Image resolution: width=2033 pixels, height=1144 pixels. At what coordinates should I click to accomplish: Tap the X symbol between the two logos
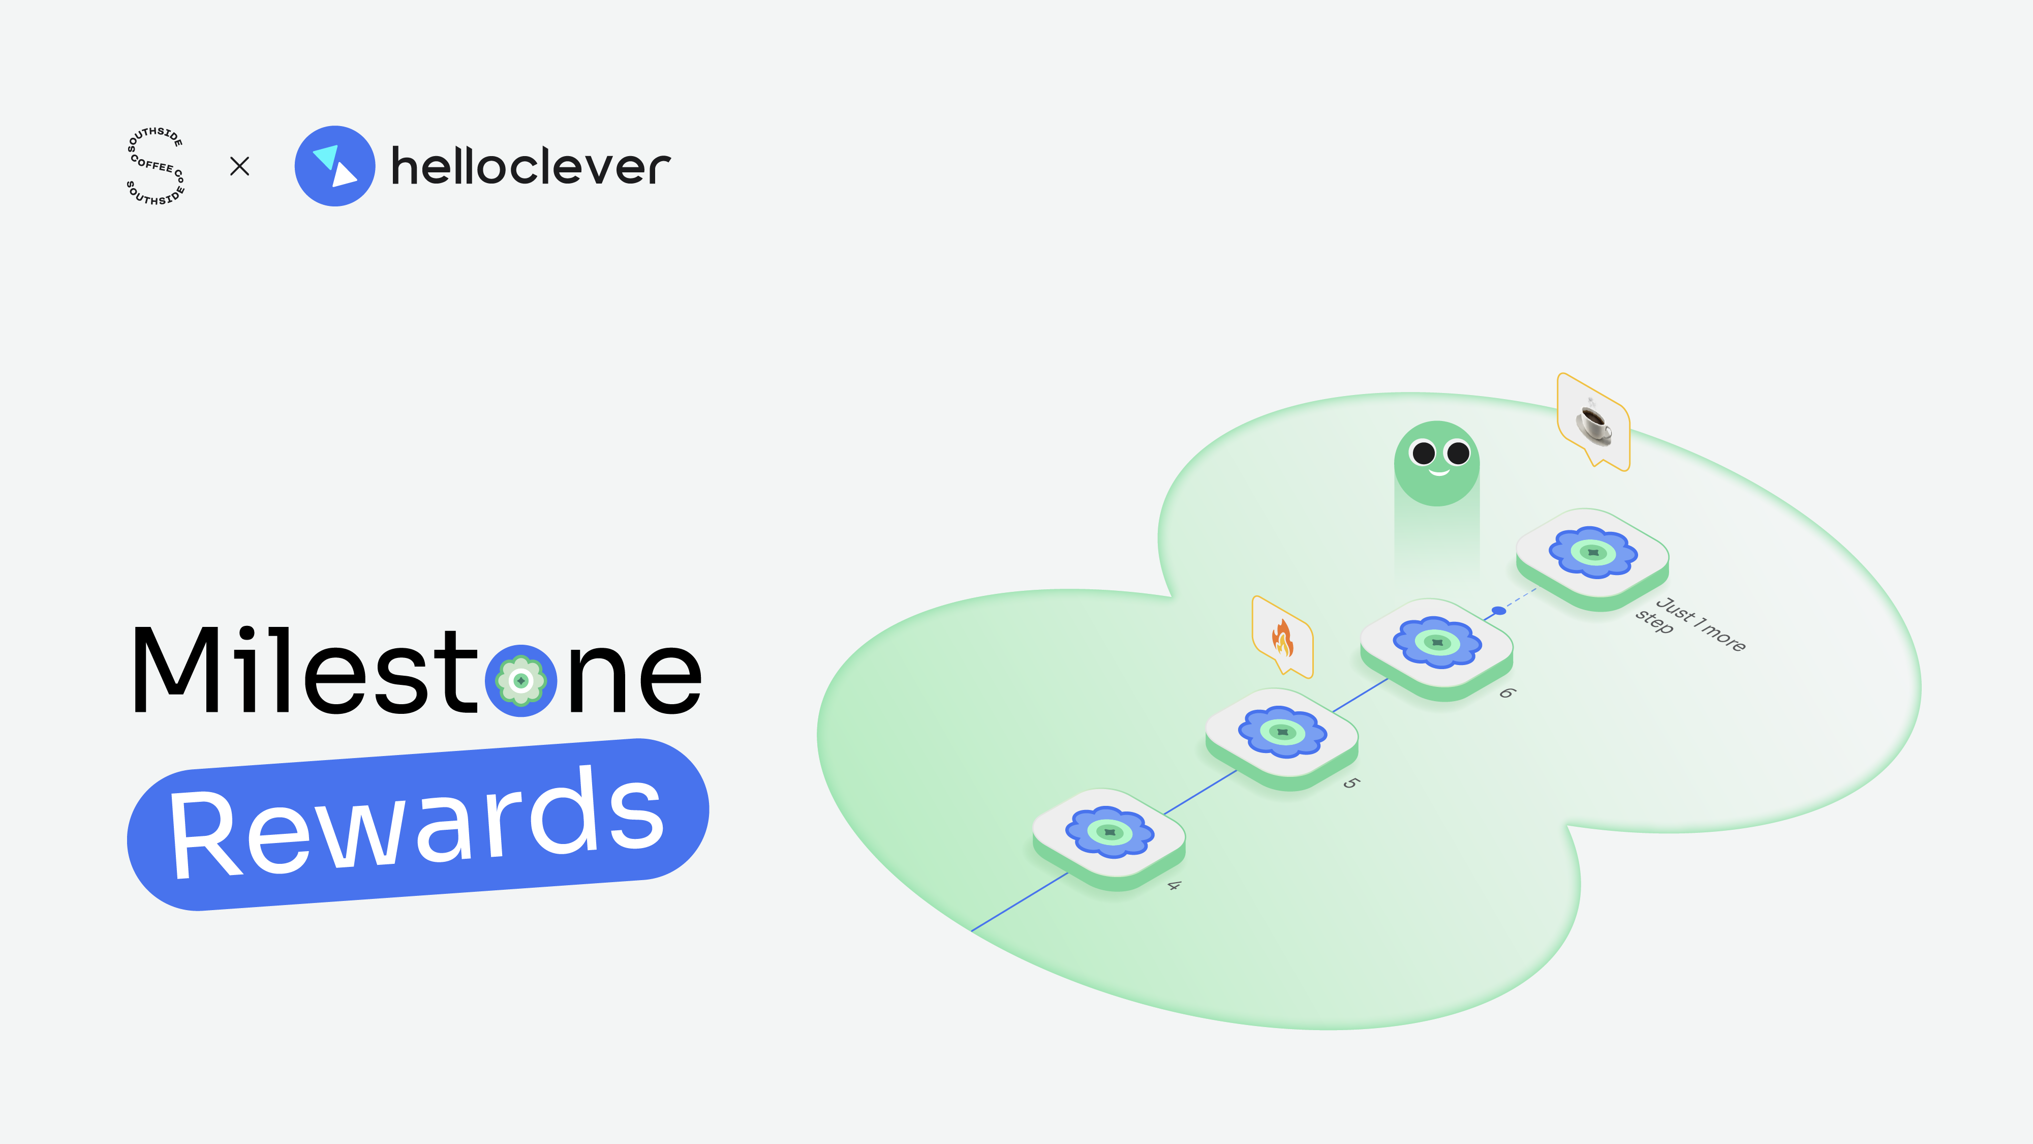pos(239,166)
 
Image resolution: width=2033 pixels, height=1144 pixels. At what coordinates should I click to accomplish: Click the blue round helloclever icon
pos(334,166)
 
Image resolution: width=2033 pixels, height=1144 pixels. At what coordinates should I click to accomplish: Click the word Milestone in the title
pos(417,671)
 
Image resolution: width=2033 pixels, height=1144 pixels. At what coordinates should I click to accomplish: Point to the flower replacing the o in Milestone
pos(521,681)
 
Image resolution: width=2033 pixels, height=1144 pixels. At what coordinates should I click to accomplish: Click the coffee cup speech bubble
pos(1593,422)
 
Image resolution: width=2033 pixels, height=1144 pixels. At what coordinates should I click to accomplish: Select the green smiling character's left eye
pos(1423,453)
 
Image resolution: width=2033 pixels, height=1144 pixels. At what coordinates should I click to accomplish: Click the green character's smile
pos(1439,473)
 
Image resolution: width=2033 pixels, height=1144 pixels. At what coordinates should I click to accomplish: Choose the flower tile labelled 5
pos(1282,739)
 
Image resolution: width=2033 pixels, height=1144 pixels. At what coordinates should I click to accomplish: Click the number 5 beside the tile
pos(1351,783)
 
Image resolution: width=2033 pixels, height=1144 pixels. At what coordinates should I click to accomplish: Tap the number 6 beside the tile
pos(1506,693)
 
